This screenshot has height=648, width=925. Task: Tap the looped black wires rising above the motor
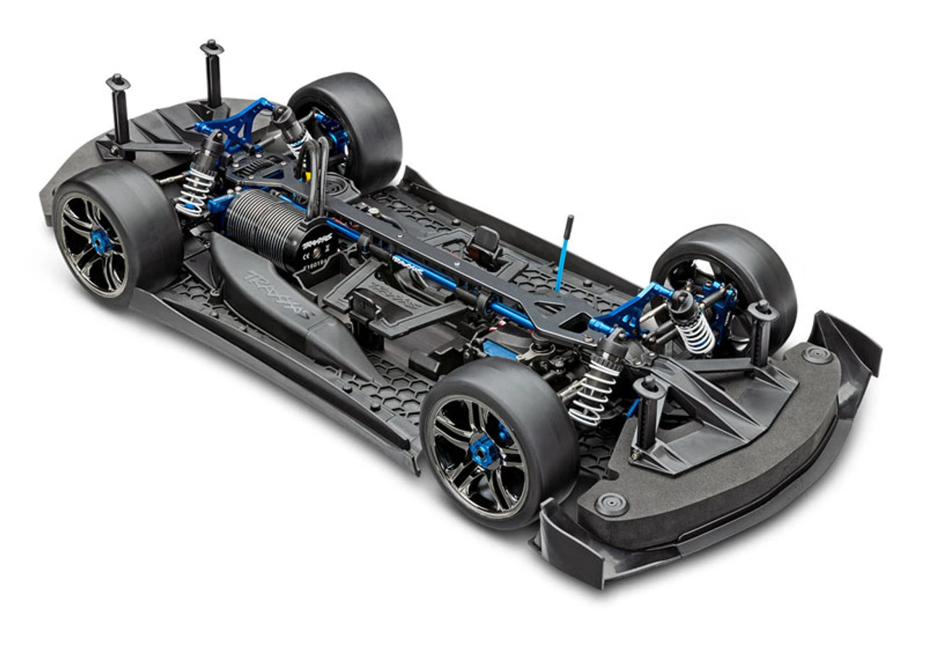coord(317,171)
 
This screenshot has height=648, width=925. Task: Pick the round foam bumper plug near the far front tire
coord(816,354)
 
